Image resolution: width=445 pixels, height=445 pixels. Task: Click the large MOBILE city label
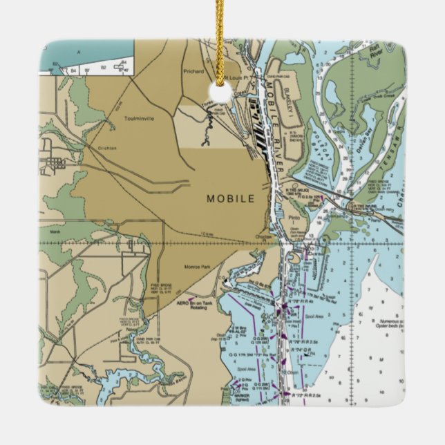click(x=231, y=198)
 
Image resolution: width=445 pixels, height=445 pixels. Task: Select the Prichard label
click(x=193, y=70)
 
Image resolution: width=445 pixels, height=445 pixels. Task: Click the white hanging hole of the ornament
click(x=220, y=94)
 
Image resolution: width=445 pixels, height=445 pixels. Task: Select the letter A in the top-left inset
click(x=79, y=52)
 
